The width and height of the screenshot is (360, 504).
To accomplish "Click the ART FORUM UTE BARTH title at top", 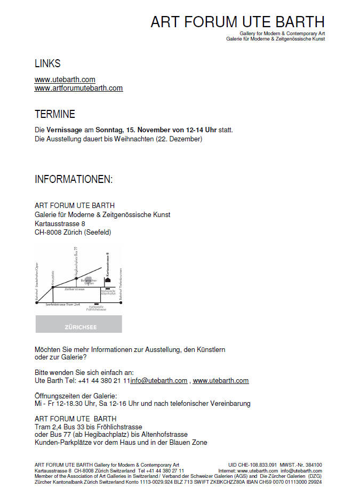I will (237, 22).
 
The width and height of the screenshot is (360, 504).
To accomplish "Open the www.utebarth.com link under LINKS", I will (65, 79).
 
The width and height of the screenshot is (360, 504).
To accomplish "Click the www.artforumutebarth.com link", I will (78, 88).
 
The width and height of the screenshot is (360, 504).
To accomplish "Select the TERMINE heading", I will (55, 114).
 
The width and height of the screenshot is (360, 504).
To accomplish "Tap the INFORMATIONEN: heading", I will (74, 179).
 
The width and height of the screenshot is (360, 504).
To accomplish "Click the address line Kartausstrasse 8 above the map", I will (60, 223).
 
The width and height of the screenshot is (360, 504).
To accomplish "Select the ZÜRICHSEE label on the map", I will (78, 324).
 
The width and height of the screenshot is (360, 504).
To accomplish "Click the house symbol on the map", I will (107, 279).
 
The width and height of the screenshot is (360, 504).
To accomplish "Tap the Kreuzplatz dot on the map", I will (53, 287).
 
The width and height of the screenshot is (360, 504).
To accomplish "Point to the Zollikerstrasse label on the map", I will (75, 289).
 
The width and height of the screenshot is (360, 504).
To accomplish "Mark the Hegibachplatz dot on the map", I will (76, 278).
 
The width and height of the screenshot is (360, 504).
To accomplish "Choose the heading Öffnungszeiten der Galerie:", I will (75, 395).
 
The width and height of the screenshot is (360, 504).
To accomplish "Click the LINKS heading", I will (47, 63).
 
